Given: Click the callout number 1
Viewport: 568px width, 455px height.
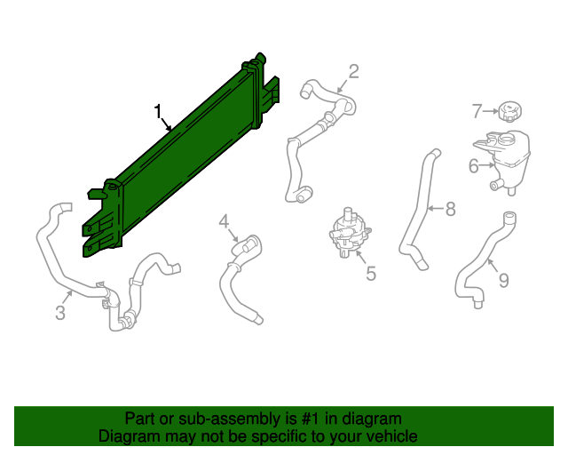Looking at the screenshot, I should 158,112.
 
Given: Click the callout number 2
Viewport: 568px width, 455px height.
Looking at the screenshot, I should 353,71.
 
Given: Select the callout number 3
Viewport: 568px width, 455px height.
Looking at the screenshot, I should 60,313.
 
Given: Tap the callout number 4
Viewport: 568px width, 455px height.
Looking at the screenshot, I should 224,220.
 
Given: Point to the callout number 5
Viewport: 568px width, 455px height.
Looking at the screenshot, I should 371,274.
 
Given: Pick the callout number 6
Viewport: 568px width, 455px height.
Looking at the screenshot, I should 474,164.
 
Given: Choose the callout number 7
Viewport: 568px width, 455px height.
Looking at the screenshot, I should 477,111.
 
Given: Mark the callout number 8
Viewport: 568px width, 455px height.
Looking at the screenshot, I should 450,209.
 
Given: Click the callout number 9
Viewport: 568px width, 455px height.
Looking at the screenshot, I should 503,281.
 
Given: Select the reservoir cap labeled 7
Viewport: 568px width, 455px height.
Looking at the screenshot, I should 510,112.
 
